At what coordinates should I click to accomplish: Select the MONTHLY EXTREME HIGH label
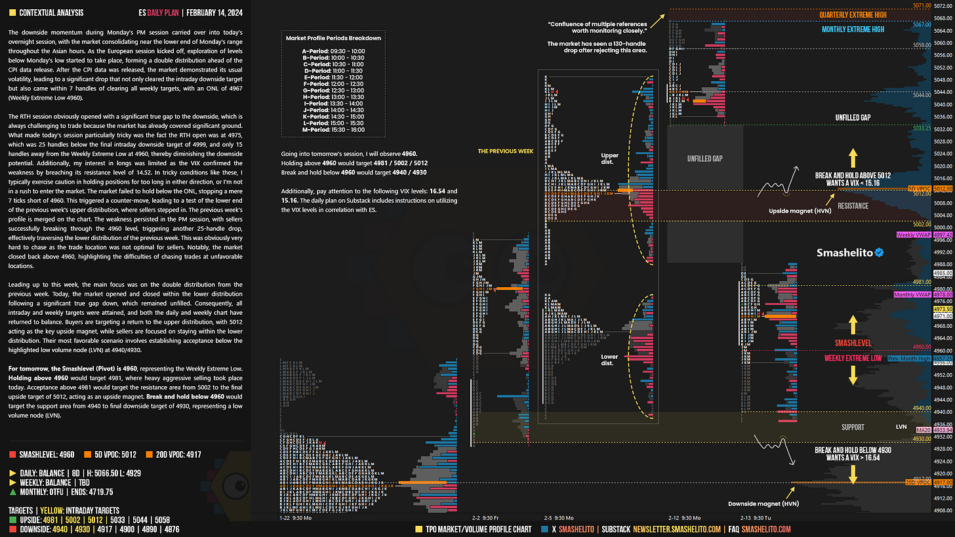tap(853, 30)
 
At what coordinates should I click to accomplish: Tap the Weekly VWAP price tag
tap(908, 234)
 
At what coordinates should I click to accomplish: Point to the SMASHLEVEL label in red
tap(853, 343)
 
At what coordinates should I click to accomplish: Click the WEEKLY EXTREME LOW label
tap(853, 358)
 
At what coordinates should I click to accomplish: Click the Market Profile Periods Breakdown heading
tap(333, 38)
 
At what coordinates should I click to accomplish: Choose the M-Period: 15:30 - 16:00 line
tap(333, 129)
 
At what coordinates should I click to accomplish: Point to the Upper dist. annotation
tap(610, 159)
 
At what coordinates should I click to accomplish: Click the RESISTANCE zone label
tap(853, 206)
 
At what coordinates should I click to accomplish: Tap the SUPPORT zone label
tap(853, 427)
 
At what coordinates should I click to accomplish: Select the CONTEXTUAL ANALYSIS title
tap(51, 12)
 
